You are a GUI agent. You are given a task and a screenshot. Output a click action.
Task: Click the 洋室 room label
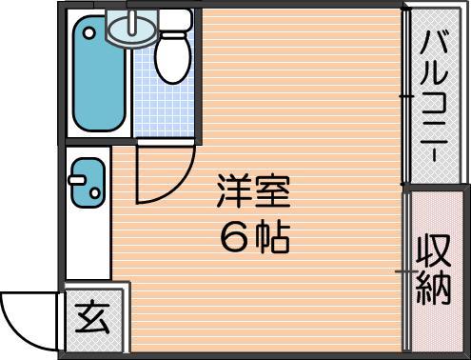253,191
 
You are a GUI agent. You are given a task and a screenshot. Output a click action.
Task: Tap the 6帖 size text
255,237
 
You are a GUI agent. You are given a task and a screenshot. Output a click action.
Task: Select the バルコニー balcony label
434,95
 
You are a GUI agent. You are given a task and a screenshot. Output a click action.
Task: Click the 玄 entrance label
92,316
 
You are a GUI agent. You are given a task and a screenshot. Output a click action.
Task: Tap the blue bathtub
98,73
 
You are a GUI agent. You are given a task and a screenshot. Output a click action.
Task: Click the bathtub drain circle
89,32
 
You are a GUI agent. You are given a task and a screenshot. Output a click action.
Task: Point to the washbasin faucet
132,22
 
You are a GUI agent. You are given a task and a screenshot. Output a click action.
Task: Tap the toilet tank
175,20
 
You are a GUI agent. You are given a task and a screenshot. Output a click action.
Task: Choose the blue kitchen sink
88,183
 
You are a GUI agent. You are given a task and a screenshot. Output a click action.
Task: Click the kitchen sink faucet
76,180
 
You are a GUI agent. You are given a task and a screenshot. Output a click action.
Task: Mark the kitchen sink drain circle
95,192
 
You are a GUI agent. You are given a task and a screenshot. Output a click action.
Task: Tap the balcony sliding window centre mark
406,95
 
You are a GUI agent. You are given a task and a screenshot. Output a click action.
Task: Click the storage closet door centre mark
406,271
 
